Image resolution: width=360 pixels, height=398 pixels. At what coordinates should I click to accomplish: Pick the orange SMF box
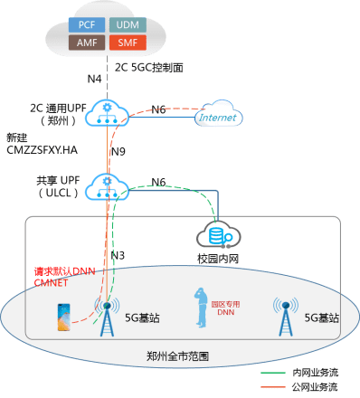tap(124, 43)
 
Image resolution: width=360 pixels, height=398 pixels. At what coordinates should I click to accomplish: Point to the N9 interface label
tap(118, 151)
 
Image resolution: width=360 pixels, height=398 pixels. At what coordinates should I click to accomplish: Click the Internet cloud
tap(219, 116)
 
